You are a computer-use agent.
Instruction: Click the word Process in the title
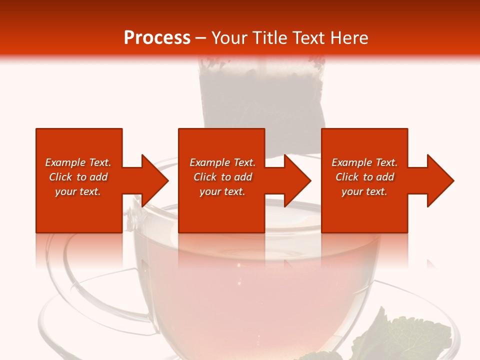tap(157, 37)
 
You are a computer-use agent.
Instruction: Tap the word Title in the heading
tap(268, 37)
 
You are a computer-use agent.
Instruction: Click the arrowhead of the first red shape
tap(152, 180)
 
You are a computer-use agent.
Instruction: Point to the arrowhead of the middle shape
tap(295, 180)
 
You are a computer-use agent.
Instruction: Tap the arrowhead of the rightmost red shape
tap(438, 180)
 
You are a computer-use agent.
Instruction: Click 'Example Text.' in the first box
tap(78, 162)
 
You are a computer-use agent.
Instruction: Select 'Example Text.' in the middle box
tap(222, 162)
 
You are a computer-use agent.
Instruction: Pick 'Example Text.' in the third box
tap(364, 162)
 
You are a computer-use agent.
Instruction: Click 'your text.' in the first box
tap(78, 191)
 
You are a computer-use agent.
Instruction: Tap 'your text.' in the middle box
tap(222, 191)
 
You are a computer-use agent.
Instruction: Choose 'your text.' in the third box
tap(364, 191)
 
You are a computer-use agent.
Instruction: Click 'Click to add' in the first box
tap(78, 177)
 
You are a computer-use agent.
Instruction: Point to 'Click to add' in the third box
tap(364, 177)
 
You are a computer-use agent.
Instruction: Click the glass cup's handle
tap(75, 280)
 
